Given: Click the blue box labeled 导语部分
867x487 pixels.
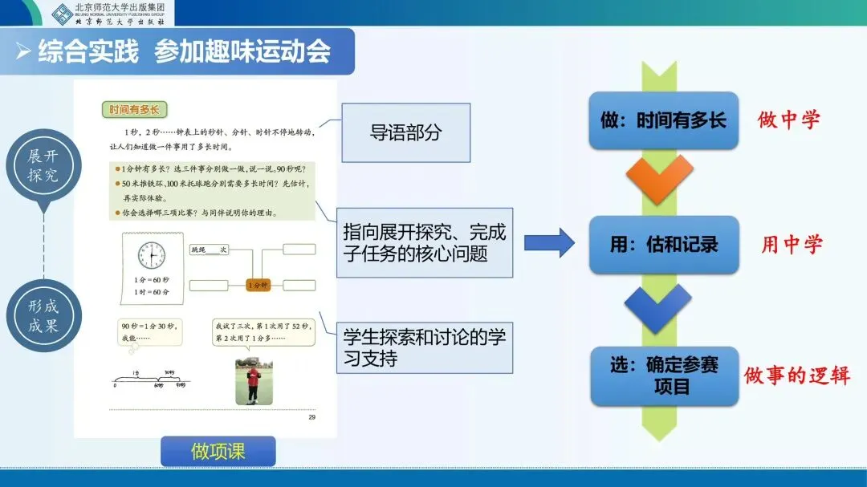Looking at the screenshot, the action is pos(405,132).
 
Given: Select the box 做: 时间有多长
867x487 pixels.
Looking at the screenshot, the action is pos(663,120).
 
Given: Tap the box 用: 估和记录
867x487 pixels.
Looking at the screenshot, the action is pos(663,244).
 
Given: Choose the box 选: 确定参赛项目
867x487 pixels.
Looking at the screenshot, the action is pos(664,375).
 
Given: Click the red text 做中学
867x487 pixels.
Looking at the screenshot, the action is pos(789,120).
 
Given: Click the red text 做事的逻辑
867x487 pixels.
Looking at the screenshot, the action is pos(796,375).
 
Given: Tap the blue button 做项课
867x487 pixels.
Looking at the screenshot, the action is pos(218,451).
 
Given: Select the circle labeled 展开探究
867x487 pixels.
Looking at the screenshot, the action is pos(43,165).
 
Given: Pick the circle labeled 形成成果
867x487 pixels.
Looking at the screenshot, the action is pos(43,316).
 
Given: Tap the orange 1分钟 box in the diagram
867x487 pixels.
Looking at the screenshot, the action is pos(257,285).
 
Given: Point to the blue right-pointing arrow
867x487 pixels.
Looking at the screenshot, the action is pos(549,242).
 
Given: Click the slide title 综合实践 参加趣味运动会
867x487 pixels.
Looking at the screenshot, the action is pos(185,51).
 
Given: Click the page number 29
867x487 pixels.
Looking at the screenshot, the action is pos(312,418).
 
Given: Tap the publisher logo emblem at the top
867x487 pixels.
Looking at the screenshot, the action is pos(62,13).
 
